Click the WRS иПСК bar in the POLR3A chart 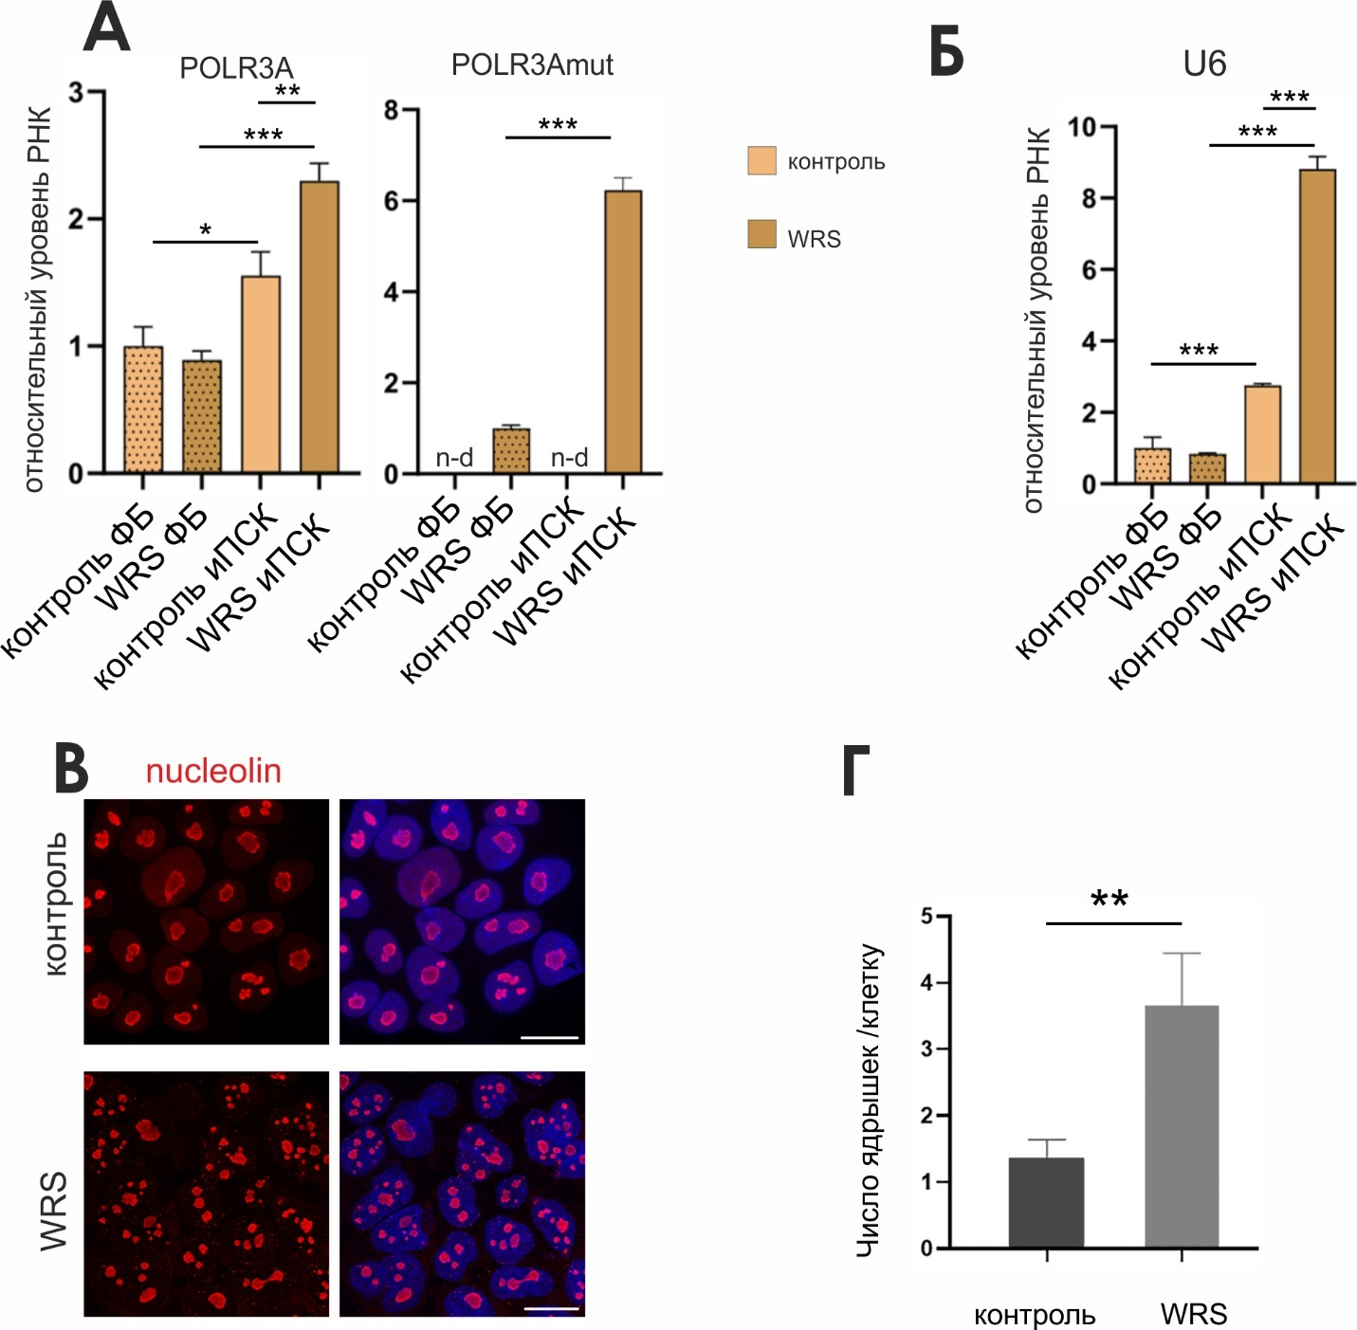pos(320,327)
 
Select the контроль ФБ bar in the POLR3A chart pos(143,410)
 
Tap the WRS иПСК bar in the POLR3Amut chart pos(623,332)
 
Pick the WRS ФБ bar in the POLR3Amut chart pos(511,451)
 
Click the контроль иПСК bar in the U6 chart pos(1262,435)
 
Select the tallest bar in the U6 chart pos(1317,327)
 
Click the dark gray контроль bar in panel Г pos(1046,1203)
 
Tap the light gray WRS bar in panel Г pos(1182,1127)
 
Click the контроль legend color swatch pos(761,161)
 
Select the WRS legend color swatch pos(761,234)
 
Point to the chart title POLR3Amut pos(532,64)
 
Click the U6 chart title pos(1204,64)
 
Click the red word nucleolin pos(213,771)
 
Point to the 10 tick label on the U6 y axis pos(1081,127)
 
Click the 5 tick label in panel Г pos(926,916)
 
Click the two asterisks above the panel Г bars pos(1109,899)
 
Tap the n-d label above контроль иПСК pos(569,458)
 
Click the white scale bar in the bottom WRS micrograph pos(551,1308)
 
